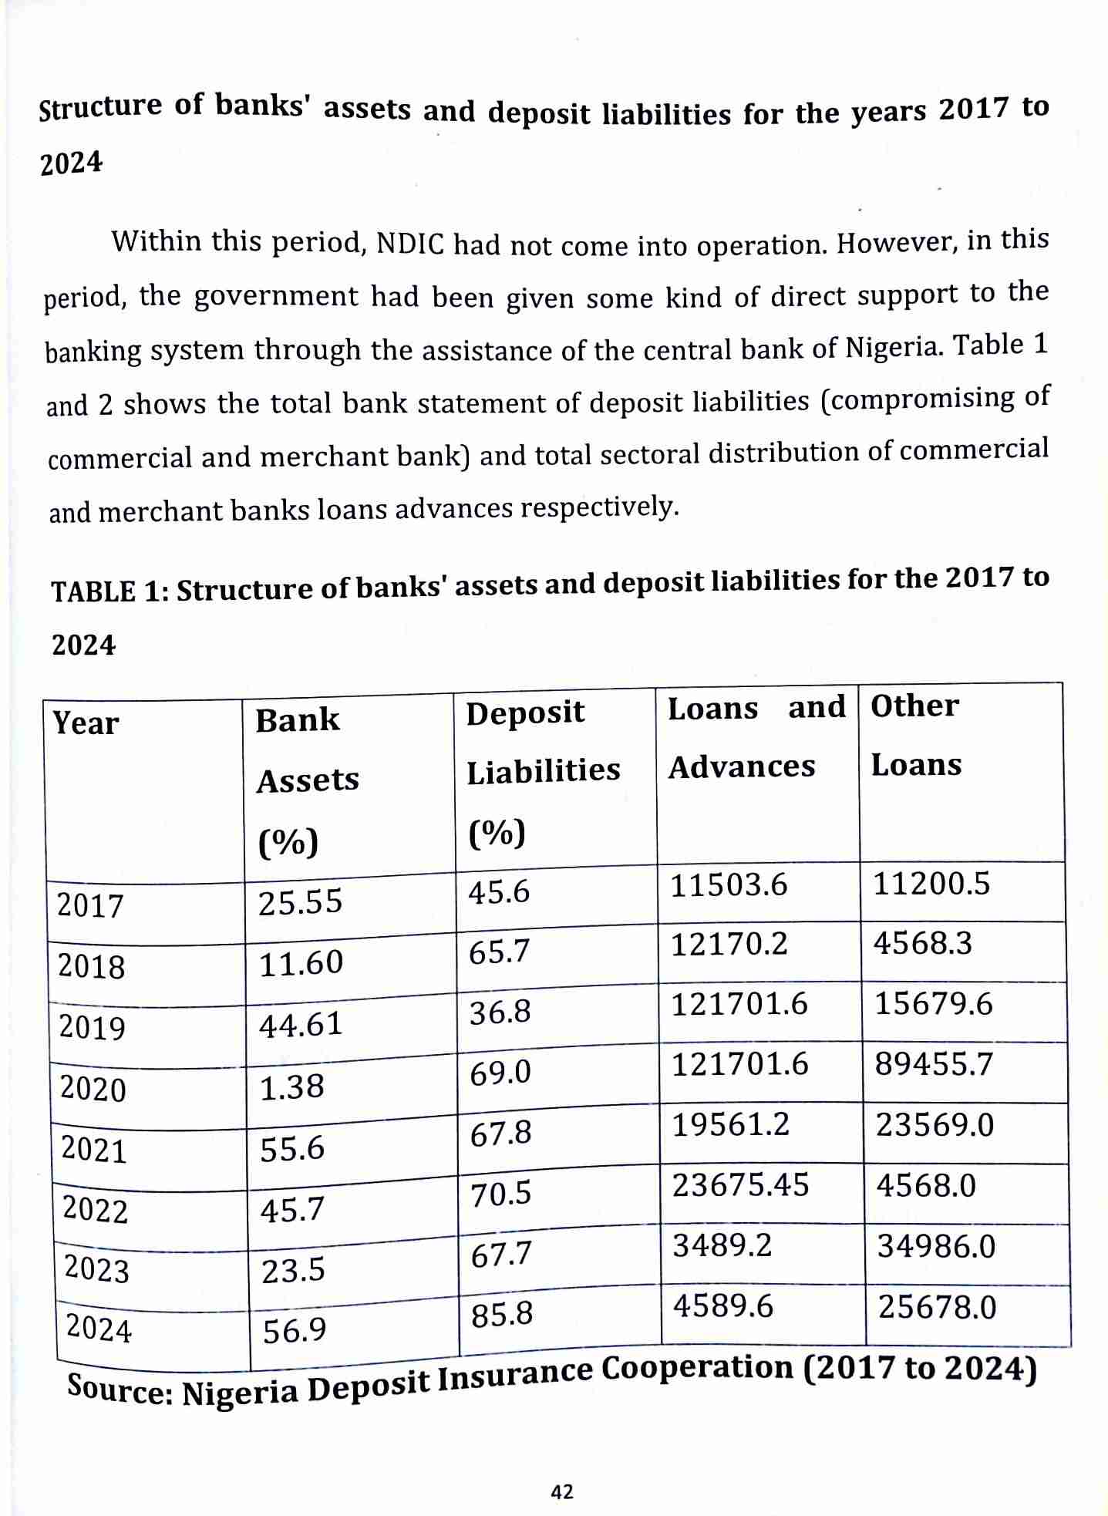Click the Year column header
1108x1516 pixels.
point(86,724)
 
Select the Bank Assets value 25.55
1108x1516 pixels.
point(300,901)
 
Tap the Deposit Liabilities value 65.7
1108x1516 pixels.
point(500,952)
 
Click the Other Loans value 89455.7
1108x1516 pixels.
point(934,1065)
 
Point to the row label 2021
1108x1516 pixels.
point(93,1150)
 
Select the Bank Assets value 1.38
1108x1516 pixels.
point(291,1087)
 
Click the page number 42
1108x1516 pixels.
point(562,1492)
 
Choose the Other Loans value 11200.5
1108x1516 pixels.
point(931,884)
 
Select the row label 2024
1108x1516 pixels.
point(99,1329)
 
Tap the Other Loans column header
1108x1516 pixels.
point(915,735)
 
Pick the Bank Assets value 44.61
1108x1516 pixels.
point(301,1025)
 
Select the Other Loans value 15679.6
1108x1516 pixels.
point(934,1005)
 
